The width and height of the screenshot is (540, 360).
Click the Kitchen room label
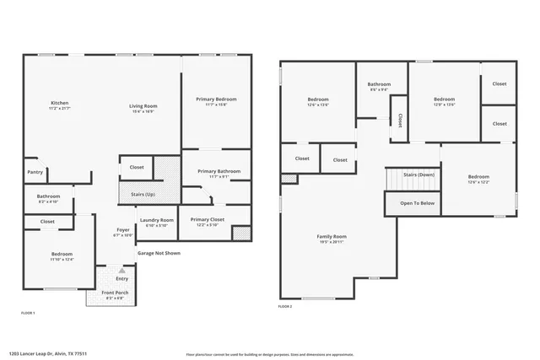point(58,103)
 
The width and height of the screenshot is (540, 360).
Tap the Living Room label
point(143,106)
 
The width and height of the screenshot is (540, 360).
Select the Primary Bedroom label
point(216,99)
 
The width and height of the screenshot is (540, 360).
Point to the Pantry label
point(35,172)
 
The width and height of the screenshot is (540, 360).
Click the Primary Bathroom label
point(219,172)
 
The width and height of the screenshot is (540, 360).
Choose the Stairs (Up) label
point(143,194)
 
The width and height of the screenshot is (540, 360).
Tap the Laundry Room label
point(156,221)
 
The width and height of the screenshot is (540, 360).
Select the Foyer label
point(122,229)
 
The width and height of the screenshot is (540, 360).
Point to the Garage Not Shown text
point(159,253)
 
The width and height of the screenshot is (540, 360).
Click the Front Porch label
point(114,293)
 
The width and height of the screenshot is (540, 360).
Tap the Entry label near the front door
point(122,278)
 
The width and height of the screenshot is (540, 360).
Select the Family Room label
point(332,237)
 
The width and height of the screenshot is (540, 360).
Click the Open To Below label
point(417,203)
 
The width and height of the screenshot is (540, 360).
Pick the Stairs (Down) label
point(418,175)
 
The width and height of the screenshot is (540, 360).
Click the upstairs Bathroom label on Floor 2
point(379,84)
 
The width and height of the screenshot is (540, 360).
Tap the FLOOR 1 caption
point(28,313)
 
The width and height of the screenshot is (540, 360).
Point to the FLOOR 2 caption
point(285,307)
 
